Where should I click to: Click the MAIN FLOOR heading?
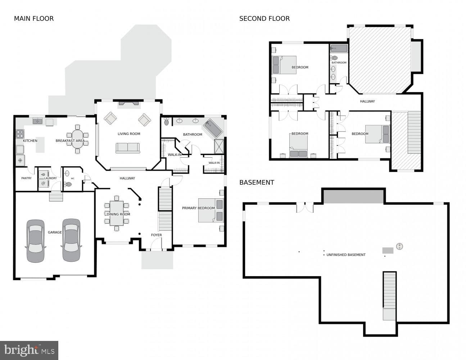click(x=34, y=19)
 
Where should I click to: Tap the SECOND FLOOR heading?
click(x=264, y=19)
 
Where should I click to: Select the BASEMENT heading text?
click(x=257, y=183)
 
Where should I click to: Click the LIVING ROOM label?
click(x=129, y=134)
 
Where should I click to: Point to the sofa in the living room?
click(x=128, y=148)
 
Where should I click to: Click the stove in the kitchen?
click(x=20, y=134)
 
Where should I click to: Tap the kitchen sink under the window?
click(x=37, y=121)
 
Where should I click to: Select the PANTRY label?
click(x=26, y=178)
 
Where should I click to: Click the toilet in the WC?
click(x=68, y=184)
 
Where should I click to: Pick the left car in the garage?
click(x=36, y=241)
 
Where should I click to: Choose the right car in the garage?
click(x=71, y=240)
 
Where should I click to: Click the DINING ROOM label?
click(x=118, y=214)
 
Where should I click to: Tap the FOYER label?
click(x=156, y=235)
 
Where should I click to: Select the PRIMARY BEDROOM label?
click(x=198, y=208)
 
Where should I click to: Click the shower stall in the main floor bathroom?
click(x=219, y=147)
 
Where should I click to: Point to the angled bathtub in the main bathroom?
click(x=213, y=128)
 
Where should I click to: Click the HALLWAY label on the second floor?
click(x=367, y=101)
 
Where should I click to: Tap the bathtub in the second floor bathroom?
click(x=339, y=49)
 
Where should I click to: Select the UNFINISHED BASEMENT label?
click(x=346, y=255)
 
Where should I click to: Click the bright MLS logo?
click(x=29, y=350)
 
